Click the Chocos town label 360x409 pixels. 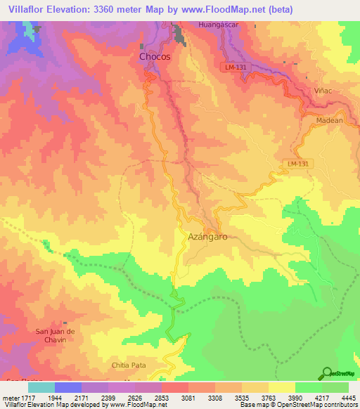point(155,57)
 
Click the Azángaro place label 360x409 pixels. point(208,238)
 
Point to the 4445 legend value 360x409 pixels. point(347,398)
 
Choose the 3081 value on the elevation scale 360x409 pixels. point(188,398)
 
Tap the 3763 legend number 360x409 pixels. point(268,398)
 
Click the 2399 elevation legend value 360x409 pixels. point(108,398)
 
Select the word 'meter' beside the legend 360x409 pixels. point(10,398)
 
